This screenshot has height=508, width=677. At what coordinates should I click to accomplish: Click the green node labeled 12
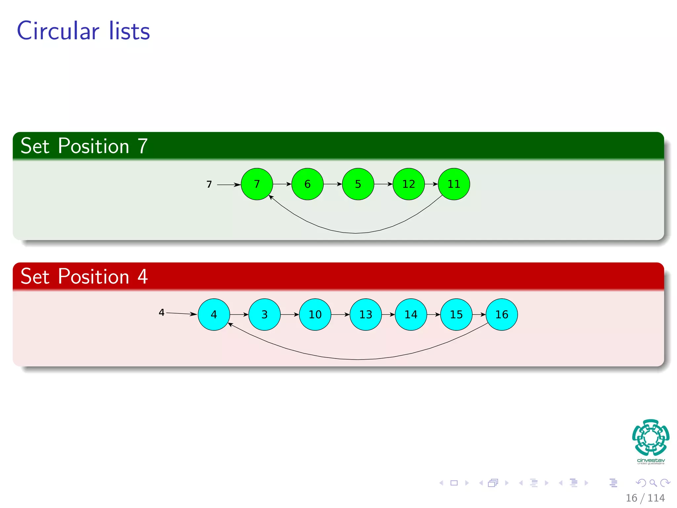409,184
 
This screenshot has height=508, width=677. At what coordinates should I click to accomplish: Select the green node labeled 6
307,184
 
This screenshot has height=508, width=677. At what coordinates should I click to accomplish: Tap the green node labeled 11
454,184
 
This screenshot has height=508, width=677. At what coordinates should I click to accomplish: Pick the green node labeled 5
358,184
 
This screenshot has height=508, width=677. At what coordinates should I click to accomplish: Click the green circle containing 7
257,184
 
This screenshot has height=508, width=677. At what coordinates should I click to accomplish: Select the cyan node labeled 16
502,314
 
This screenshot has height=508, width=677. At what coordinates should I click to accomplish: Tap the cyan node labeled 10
315,314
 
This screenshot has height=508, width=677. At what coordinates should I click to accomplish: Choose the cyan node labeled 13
366,314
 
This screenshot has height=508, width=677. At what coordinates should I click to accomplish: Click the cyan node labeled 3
264,314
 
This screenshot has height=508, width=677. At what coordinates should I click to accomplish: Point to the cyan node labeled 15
457,314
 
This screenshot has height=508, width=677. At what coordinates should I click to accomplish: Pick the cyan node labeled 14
411,314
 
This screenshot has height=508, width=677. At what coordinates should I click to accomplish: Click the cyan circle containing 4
214,314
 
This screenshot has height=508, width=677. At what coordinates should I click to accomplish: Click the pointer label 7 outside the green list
209,184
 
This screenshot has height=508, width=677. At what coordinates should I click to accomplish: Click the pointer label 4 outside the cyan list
161,312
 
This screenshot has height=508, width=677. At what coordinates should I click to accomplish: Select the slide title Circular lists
83,31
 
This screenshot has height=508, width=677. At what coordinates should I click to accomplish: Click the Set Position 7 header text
84,146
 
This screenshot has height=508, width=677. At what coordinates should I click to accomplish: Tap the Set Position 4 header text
84,276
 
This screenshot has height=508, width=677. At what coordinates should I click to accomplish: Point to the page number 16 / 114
645,498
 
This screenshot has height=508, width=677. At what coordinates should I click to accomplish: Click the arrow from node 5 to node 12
383,184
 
